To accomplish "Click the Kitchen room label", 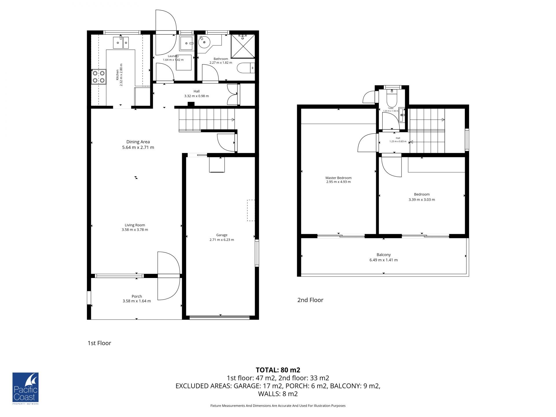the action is [x=117, y=75].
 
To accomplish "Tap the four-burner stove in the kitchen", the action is [x=99, y=76].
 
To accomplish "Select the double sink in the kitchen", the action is [x=121, y=43].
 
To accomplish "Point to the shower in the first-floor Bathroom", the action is [x=243, y=46].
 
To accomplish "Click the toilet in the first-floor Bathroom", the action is [x=246, y=68].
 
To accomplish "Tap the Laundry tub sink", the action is [x=186, y=43].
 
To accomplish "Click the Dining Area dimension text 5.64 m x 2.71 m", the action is [x=138, y=147].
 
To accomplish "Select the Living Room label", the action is [x=135, y=225].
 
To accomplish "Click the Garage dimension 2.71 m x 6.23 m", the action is [x=222, y=240].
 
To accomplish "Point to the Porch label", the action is [x=137, y=296].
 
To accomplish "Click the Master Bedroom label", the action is [x=339, y=178].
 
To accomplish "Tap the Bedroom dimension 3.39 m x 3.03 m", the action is [x=422, y=200].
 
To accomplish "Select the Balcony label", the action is [x=384, y=255].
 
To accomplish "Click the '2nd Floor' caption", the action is [x=310, y=300].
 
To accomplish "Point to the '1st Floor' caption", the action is [x=99, y=343].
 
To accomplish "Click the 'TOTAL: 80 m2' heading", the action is [x=278, y=370].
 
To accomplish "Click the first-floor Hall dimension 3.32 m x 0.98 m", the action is [x=197, y=96].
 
